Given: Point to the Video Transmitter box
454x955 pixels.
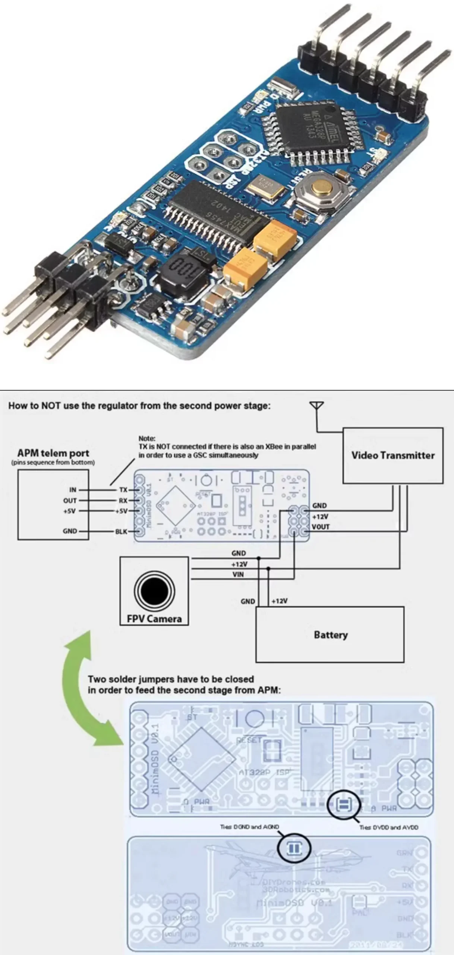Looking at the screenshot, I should [x=393, y=455].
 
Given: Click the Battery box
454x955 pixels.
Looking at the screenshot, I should [x=330, y=635].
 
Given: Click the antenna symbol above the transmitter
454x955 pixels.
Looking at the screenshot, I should [x=316, y=406].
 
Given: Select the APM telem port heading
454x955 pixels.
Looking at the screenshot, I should [x=53, y=453].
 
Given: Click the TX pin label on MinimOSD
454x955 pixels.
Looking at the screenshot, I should [x=123, y=489].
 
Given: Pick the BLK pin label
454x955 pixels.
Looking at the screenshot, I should [x=121, y=531].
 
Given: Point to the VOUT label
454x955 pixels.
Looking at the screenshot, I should [x=321, y=527].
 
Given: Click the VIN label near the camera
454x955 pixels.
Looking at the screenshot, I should [x=238, y=574].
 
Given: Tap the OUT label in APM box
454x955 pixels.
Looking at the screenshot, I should [x=70, y=500].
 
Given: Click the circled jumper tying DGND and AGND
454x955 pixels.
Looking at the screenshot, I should [x=294, y=848].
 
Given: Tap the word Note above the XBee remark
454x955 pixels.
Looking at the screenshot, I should [x=147, y=438].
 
